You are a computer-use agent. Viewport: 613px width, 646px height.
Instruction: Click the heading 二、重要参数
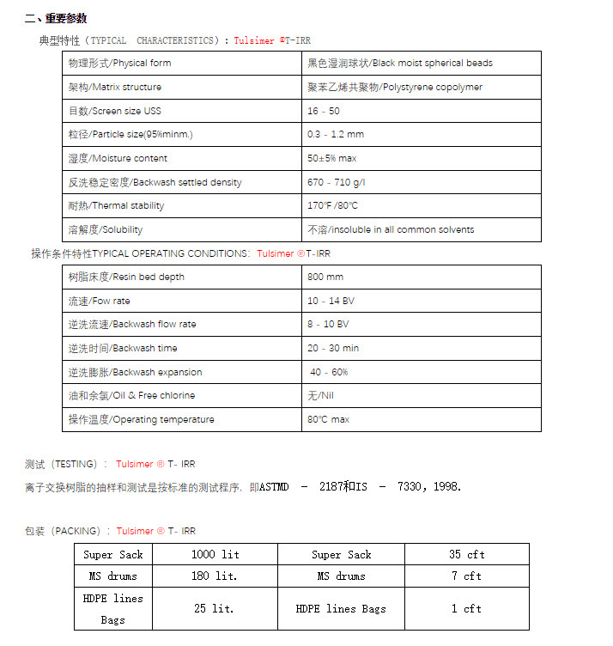point(56,19)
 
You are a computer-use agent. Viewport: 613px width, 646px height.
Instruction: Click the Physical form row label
point(120,63)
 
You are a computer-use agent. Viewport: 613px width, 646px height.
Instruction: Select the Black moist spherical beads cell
point(400,63)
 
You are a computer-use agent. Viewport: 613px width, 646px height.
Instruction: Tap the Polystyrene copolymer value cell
point(395,87)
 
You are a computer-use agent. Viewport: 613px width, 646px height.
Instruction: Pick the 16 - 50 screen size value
point(324,111)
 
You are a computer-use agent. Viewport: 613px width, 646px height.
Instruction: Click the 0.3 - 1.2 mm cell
point(336,134)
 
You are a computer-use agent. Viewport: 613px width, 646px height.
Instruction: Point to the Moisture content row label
point(118,158)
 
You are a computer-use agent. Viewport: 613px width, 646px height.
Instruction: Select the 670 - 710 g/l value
point(336,182)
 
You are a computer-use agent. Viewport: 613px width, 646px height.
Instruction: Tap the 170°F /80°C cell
point(333,205)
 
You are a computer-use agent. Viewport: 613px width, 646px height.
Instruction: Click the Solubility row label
point(106,229)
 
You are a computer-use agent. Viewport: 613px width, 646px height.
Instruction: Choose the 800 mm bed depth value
point(325,277)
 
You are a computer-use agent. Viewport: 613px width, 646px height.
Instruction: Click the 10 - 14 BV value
point(331,301)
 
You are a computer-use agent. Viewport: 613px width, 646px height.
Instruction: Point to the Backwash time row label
point(124,348)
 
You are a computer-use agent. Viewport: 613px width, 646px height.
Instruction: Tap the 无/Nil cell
point(322,395)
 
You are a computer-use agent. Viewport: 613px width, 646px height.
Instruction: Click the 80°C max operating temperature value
point(329,419)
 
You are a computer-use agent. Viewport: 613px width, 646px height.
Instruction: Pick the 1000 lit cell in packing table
point(215,554)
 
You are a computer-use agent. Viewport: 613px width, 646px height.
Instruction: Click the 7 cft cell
point(466,576)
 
